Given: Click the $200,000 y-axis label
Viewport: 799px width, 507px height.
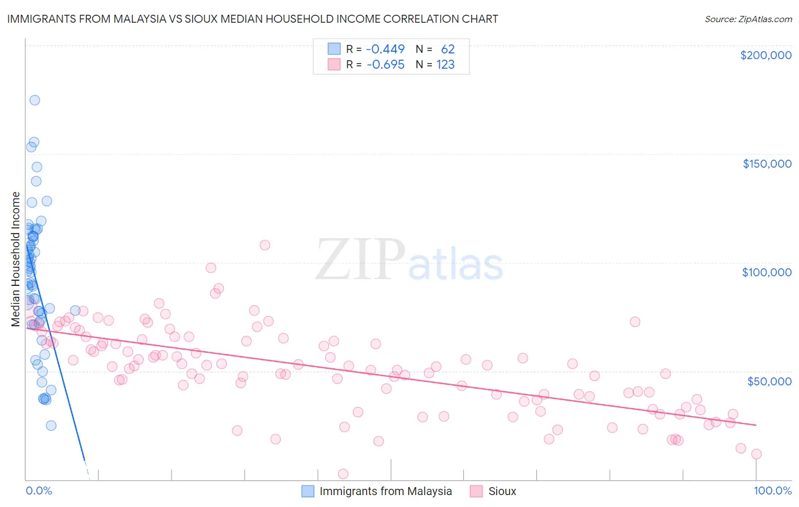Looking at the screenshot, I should (765, 55).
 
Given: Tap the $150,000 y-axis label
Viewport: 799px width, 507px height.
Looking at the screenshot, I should (767, 164).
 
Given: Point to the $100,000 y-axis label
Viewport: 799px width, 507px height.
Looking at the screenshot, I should (767, 272).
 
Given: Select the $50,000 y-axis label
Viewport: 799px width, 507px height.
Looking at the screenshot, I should (769, 381).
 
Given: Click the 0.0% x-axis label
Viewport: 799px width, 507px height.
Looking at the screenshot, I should (39, 491).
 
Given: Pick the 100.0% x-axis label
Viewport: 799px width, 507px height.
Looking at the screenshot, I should (772, 491).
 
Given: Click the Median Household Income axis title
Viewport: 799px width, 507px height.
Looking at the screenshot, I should (16, 259).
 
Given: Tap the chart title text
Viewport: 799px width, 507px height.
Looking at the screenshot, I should (252, 19).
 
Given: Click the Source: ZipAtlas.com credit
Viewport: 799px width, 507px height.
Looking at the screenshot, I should (748, 19).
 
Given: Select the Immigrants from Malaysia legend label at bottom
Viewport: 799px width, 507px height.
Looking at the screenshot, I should (385, 491).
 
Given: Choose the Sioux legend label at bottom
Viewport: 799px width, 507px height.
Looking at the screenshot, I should (502, 491).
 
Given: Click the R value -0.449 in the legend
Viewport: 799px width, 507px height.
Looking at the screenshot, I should (385, 49).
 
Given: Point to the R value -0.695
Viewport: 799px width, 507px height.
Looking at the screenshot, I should (385, 65).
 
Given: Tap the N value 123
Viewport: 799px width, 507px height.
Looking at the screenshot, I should (446, 65).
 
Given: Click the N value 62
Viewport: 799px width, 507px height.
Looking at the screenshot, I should (448, 49).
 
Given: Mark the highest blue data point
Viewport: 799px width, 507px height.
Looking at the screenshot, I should (35, 100).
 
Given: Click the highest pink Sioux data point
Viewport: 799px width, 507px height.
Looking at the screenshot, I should (265, 245).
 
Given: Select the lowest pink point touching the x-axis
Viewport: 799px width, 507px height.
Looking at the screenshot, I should (343, 473).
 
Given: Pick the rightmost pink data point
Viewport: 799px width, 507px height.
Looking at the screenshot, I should (756, 454).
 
